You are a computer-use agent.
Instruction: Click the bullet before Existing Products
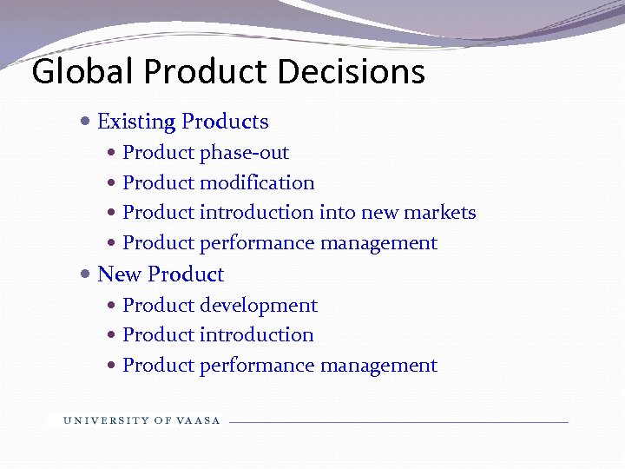pos(84,122)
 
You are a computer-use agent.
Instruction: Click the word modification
pos(257,183)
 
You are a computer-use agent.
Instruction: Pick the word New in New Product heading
pos(119,274)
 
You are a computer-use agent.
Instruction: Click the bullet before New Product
pos(84,274)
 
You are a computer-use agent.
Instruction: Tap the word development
pos(259,306)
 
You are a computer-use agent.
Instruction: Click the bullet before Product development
pos(113,306)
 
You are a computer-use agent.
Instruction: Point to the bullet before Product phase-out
pos(113,153)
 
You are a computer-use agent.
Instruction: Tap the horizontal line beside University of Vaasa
pos(399,422)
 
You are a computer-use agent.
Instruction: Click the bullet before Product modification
pos(113,183)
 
